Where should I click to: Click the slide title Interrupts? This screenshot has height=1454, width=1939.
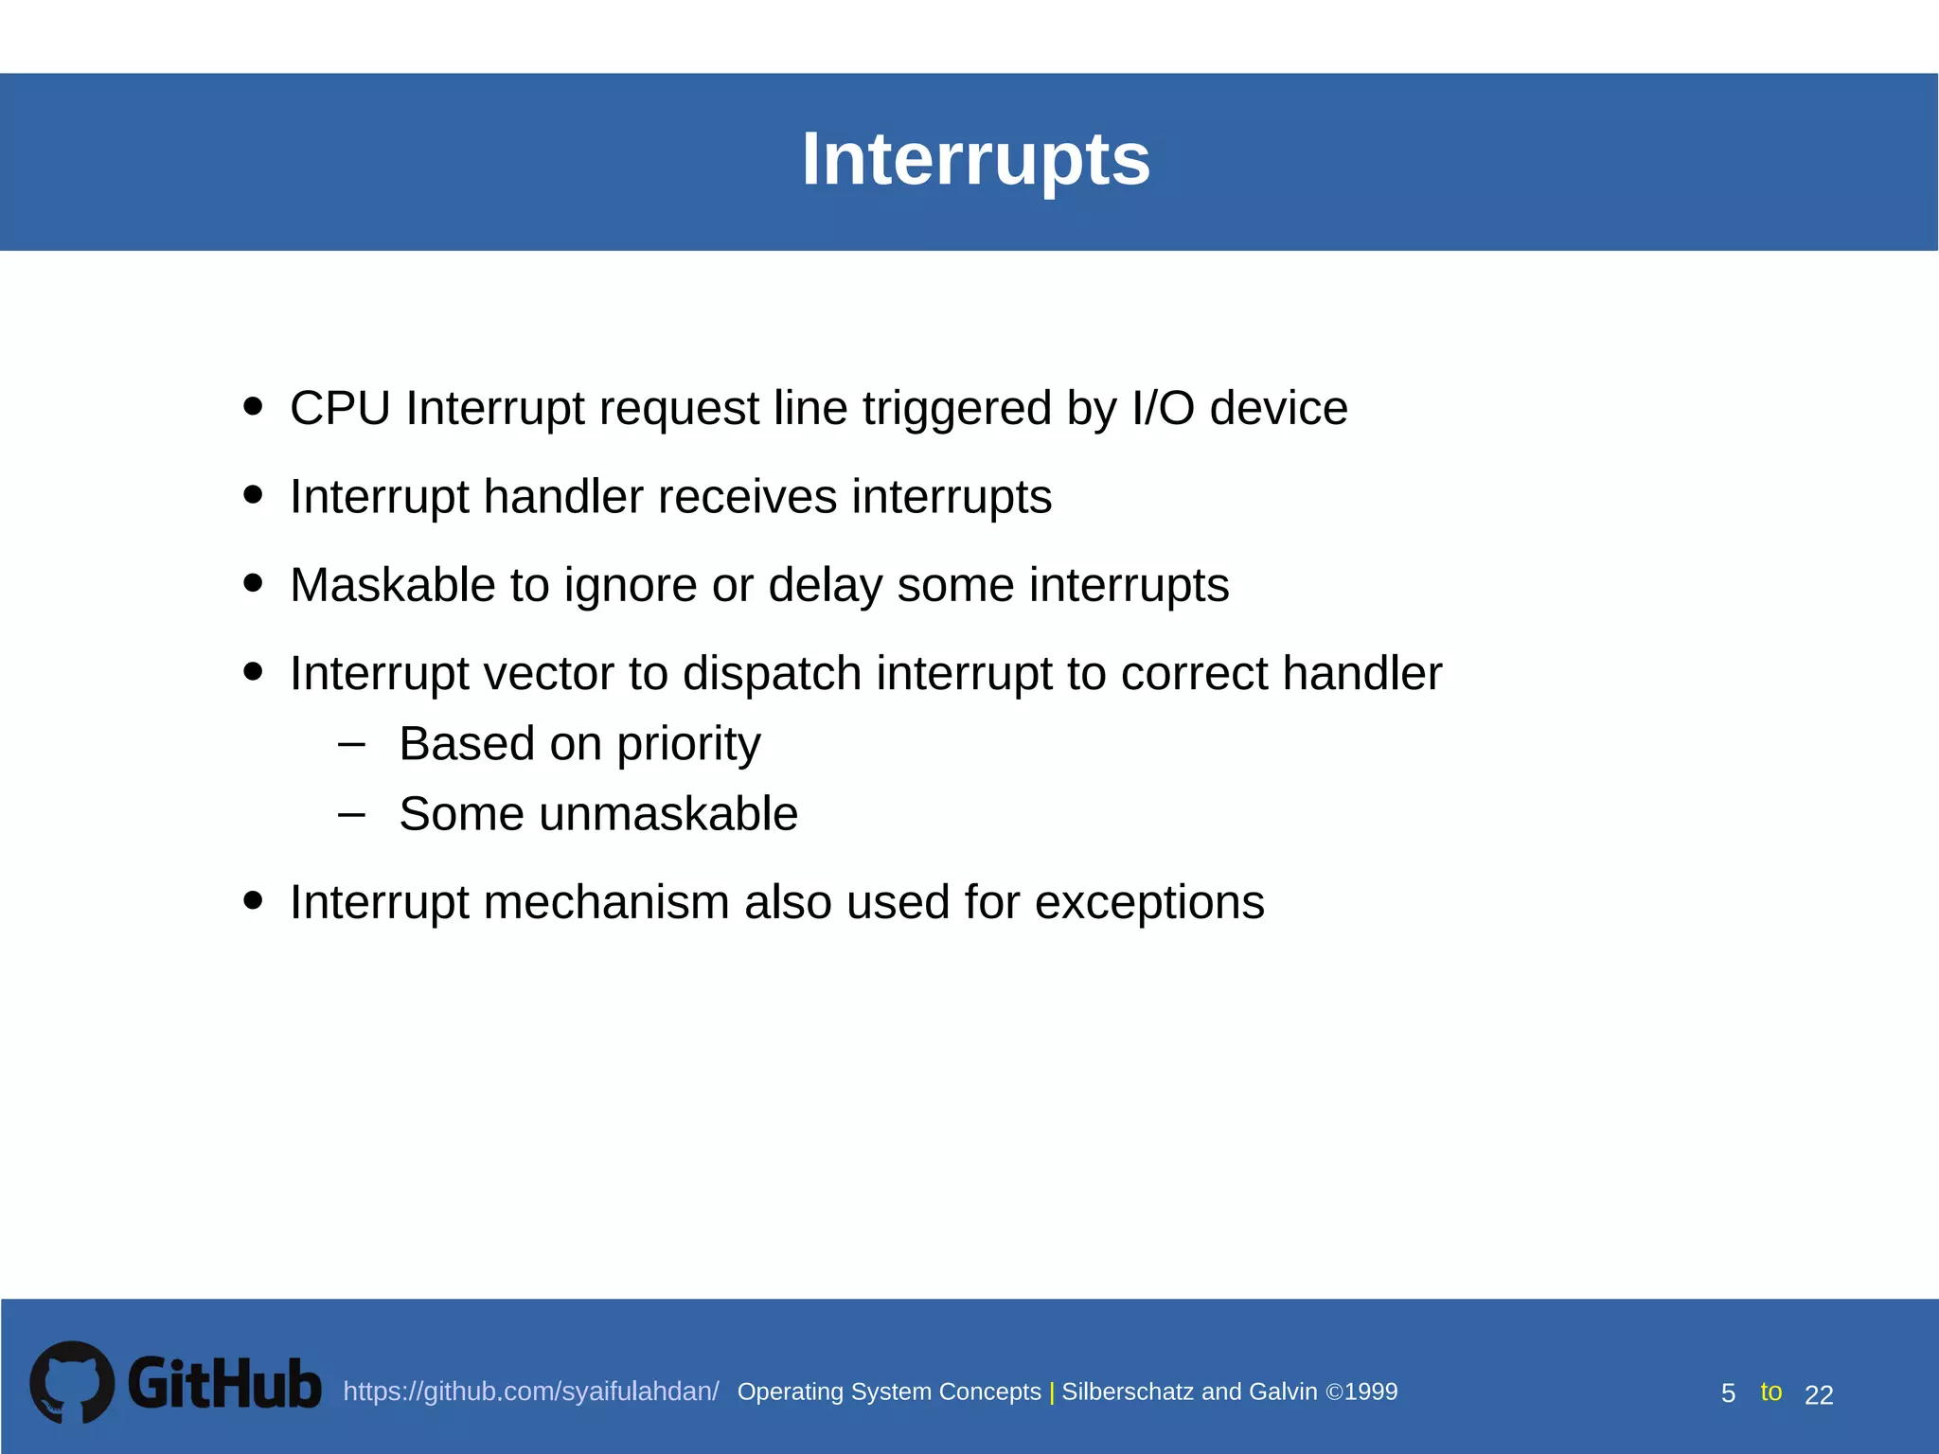[975, 159]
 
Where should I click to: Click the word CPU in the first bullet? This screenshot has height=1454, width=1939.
[340, 409]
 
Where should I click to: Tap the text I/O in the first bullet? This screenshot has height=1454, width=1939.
[1163, 409]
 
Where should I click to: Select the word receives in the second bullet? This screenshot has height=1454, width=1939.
[748, 497]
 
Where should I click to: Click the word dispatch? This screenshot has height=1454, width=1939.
[772, 674]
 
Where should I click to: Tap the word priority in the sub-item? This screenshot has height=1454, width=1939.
[688, 745]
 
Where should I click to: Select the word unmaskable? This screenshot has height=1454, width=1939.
[668, 814]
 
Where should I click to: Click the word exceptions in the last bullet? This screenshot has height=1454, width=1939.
[1148, 902]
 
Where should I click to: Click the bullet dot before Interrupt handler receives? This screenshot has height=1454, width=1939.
[253, 494]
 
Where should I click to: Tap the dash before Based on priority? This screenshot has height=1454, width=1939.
[351, 744]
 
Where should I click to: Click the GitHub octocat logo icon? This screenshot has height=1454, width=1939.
[72, 1382]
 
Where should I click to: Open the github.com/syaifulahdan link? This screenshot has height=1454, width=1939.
[530, 1392]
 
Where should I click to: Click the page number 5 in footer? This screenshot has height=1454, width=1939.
[1728, 1393]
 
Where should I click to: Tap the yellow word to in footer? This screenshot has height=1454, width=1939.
[1770, 1392]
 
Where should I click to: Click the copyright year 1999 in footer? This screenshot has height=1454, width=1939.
[1371, 1392]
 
